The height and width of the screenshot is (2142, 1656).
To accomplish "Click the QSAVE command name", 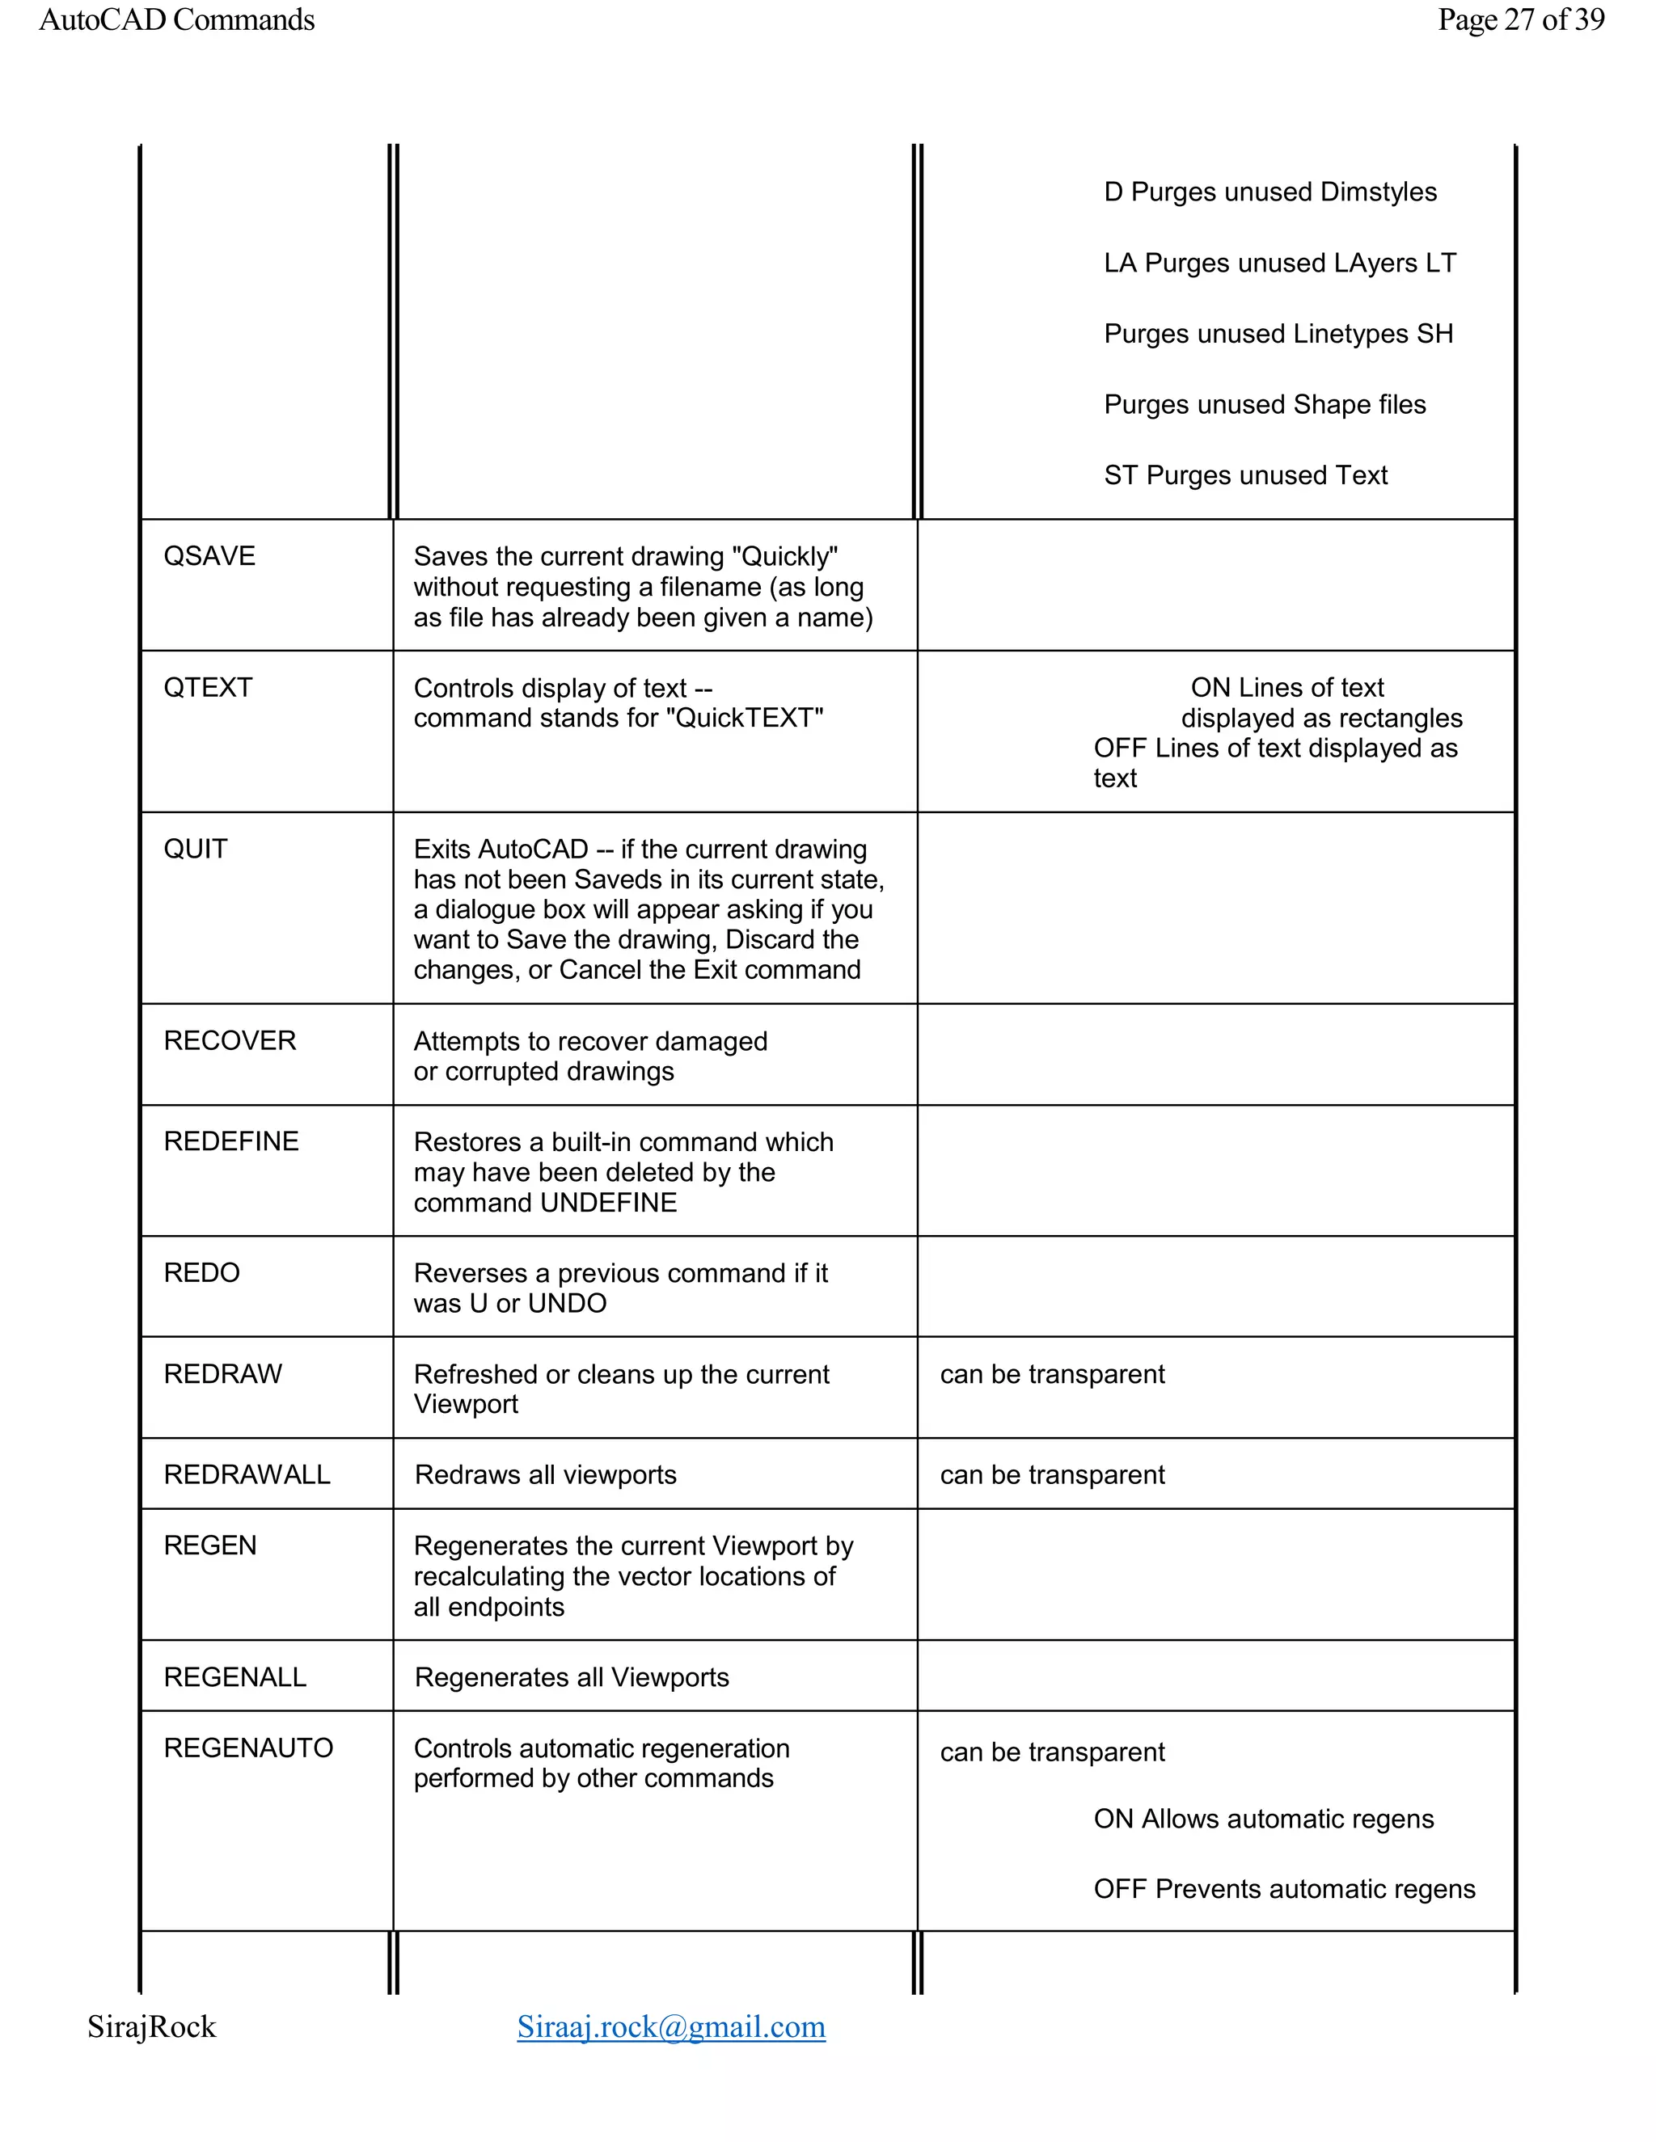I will [209, 556].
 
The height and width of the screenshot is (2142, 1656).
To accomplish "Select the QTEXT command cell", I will [208, 688].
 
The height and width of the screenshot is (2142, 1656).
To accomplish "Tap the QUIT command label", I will [195, 849].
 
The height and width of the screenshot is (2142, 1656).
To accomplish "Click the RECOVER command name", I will [230, 1040].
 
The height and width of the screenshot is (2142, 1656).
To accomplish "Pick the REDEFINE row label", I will [230, 1141].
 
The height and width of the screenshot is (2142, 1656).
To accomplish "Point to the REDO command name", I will [201, 1273].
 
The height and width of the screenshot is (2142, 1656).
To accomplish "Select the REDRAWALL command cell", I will [247, 1475].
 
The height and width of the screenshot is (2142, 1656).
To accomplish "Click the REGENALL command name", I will [234, 1677].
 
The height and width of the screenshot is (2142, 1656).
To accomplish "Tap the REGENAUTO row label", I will [248, 1748].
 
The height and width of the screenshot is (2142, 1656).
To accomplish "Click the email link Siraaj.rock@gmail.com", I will [671, 2026].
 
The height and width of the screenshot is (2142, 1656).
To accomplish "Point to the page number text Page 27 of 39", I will [1521, 19].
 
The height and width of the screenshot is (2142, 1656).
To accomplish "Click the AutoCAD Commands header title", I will [176, 19].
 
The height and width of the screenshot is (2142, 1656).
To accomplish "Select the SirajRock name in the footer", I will [151, 2026].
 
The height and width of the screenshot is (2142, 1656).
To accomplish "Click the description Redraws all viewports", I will [546, 1475].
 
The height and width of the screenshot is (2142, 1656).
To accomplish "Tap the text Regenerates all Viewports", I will [571, 1677].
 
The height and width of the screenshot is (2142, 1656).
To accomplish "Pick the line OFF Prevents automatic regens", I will [1283, 1889].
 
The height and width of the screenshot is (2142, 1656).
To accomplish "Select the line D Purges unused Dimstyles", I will [1269, 192].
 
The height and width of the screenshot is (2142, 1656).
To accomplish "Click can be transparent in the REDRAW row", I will [1052, 1374].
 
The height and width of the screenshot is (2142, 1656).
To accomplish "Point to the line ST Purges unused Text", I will [1245, 475].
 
